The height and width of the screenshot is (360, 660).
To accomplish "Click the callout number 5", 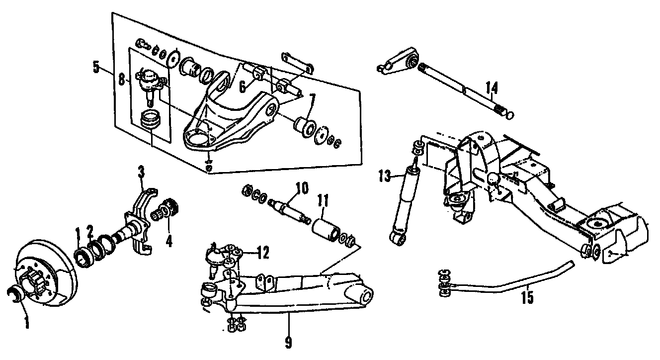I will click(96, 66).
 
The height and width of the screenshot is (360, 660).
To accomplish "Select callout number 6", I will click(242, 87).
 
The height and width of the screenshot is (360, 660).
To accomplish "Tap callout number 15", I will click(527, 297).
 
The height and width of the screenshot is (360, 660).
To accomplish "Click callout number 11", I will click(324, 204).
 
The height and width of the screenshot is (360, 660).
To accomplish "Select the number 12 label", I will click(262, 254).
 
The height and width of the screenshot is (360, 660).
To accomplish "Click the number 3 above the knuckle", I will click(142, 174).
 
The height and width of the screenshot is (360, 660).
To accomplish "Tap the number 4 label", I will click(169, 241).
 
